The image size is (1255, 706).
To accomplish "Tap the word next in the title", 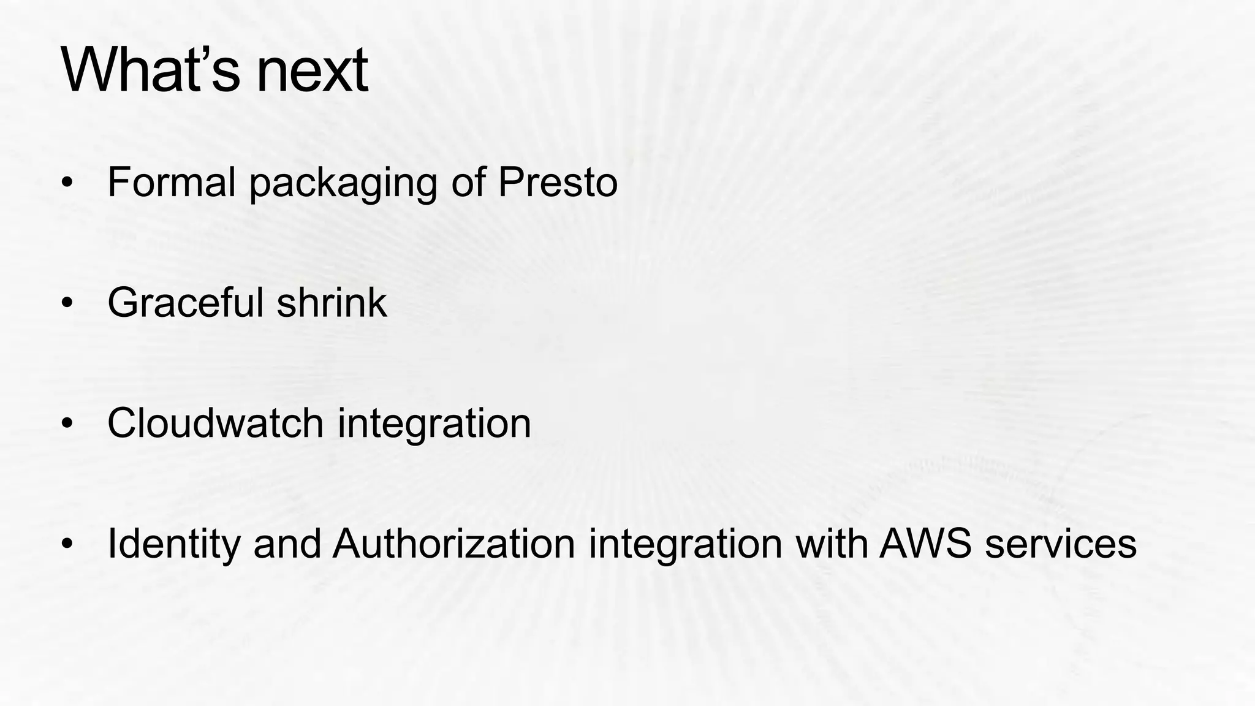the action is pyautogui.click(x=312, y=72).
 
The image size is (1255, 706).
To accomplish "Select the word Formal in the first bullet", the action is pyautogui.click(x=172, y=182).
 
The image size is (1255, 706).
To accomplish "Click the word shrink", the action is pyautogui.click(x=332, y=302).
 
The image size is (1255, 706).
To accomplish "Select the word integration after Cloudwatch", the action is pyautogui.click(x=434, y=424).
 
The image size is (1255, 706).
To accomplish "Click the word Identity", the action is pyautogui.click(x=174, y=544).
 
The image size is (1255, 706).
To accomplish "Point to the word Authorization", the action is pyautogui.click(x=453, y=543).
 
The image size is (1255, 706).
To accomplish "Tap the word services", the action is pyautogui.click(x=1061, y=544).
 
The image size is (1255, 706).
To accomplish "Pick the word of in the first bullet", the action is pyautogui.click(x=468, y=182).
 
